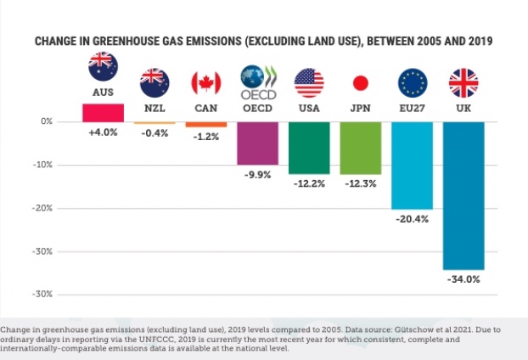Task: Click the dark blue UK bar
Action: click(463, 195)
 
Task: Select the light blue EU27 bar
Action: click(412, 165)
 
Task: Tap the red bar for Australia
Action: click(103, 112)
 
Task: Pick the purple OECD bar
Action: click(257, 143)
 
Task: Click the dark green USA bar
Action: click(309, 148)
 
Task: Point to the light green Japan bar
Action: click(360, 148)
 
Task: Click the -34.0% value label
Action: click(463, 278)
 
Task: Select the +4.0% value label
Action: click(103, 133)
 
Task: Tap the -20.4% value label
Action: click(412, 218)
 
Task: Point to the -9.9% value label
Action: click(257, 175)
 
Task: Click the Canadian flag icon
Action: click(206, 82)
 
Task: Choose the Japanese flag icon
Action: click(360, 82)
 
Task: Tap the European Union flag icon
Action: click(412, 82)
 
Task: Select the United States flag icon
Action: click(309, 82)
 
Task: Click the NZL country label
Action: click(154, 108)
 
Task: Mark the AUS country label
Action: click(103, 90)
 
